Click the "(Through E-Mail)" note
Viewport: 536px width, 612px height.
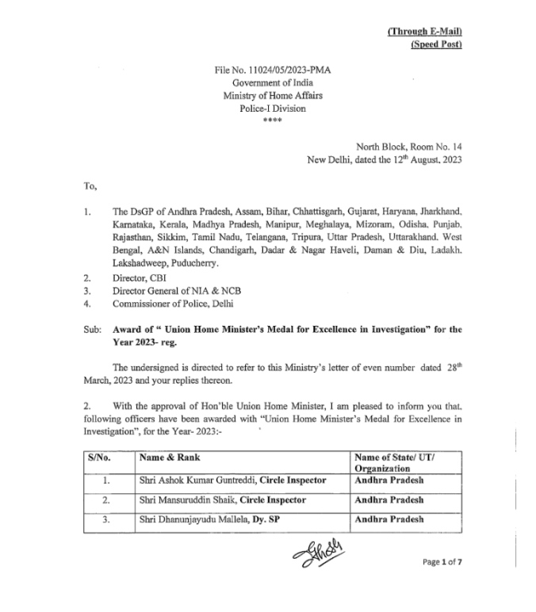424,31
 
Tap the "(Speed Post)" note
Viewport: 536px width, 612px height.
436,44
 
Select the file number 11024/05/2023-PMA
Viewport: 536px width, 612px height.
272,71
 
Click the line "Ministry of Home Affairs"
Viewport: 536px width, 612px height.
272,95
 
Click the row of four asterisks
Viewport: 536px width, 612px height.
272,120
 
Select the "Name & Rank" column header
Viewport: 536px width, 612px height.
169,457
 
